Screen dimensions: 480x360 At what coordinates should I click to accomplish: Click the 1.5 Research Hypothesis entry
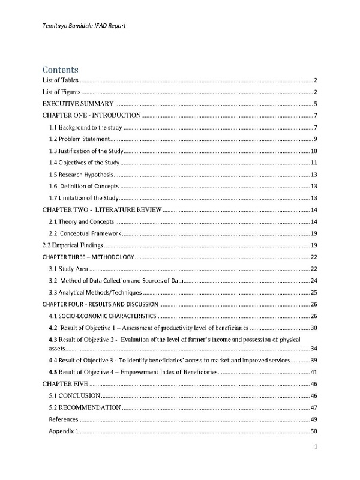(80, 174)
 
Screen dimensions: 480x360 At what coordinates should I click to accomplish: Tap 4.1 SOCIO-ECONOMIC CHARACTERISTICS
(103, 316)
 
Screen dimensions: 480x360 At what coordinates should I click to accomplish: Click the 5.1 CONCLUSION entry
(74, 396)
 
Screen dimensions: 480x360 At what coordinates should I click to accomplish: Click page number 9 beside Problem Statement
(315, 139)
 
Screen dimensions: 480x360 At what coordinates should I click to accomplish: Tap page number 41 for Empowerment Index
(313, 373)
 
